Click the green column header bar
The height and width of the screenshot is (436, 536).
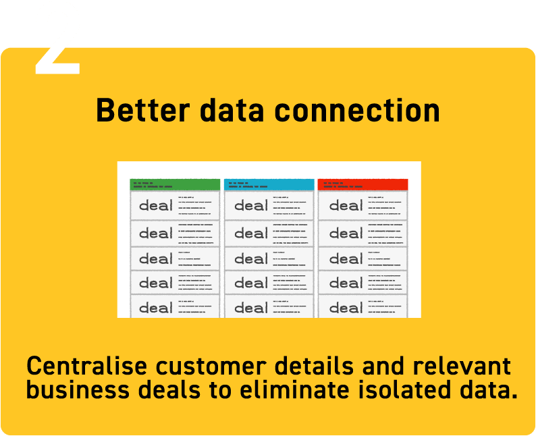[175, 184]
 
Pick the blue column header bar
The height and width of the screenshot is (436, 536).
[269, 184]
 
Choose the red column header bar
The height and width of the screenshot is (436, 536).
[363, 184]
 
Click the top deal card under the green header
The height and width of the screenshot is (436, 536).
[175, 205]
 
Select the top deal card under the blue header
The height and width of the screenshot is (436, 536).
[269, 205]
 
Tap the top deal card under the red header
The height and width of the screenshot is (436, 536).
[363, 205]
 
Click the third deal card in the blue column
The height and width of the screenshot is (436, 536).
[269, 258]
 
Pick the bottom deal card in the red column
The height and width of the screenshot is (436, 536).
[363, 306]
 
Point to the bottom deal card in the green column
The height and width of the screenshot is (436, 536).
[175, 306]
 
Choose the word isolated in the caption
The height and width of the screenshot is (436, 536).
[408, 390]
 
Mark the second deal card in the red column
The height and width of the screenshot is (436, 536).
[363, 233]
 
